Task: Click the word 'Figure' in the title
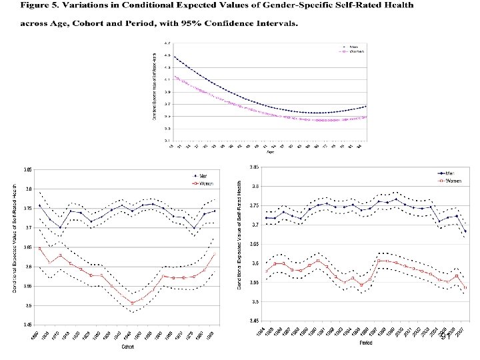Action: coord(38,6)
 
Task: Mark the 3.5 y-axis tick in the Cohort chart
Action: coord(29,305)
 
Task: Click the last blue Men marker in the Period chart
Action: coord(465,231)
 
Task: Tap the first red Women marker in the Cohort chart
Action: coord(40,248)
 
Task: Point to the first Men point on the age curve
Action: coord(175,57)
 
